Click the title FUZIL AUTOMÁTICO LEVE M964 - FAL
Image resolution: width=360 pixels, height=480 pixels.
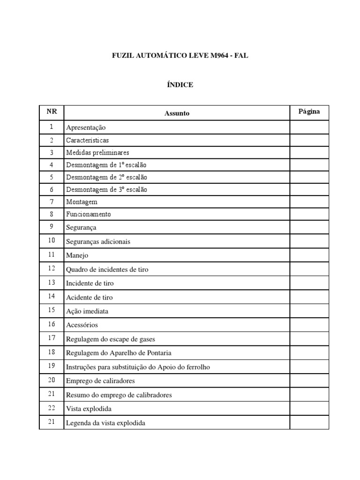click(x=180, y=56)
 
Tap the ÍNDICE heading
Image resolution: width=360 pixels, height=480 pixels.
click(x=180, y=85)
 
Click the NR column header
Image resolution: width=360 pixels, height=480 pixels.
click(x=52, y=112)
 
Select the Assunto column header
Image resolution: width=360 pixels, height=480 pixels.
click(x=177, y=113)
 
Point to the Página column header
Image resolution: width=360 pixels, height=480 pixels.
click(x=309, y=112)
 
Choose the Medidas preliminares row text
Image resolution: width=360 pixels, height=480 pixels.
click(x=97, y=153)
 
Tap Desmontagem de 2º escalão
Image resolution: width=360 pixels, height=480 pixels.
click(x=106, y=177)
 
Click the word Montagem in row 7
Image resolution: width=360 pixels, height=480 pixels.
click(x=82, y=202)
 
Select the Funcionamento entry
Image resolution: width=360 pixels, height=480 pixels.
click(x=89, y=214)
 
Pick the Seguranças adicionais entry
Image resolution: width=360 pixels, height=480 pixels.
click(x=98, y=241)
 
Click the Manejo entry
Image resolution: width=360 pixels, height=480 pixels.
click(x=77, y=255)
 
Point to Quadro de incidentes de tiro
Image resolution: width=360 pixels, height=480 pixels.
click(x=107, y=270)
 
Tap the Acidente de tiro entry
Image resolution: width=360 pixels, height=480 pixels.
click(x=90, y=297)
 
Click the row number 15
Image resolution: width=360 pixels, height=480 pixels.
click(x=52, y=310)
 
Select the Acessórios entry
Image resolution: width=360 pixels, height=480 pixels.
click(x=82, y=325)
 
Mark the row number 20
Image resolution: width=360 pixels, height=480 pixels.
click(x=52, y=380)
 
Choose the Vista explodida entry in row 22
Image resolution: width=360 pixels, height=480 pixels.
click(x=89, y=409)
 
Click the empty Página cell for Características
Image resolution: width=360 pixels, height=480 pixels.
click(x=309, y=140)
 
